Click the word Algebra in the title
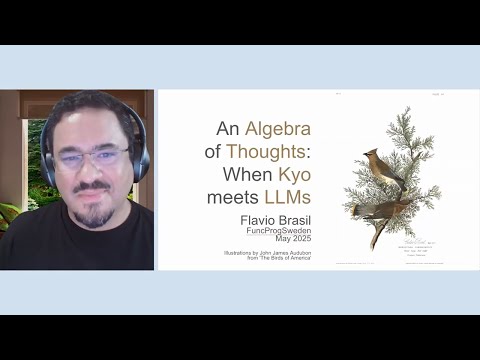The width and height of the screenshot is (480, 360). click(279, 129)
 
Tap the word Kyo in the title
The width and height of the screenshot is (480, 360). click(291, 175)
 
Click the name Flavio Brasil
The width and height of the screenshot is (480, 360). click(277, 218)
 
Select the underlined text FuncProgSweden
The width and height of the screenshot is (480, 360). click(278, 229)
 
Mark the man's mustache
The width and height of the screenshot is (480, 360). click(92, 188)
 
